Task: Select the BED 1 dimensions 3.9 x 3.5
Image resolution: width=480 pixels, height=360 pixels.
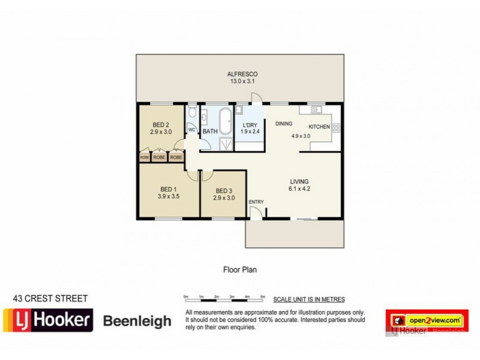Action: pyautogui.click(x=169, y=196)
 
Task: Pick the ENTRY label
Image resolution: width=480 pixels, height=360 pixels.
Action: pyautogui.click(x=256, y=202)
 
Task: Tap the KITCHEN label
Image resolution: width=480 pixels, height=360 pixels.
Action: pyautogui.click(x=320, y=127)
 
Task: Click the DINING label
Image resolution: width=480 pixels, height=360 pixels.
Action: pyautogui.click(x=284, y=124)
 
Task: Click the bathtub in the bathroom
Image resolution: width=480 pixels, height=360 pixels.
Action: pyautogui.click(x=225, y=122)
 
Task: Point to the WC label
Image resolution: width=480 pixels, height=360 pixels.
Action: pyautogui.click(x=193, y=130)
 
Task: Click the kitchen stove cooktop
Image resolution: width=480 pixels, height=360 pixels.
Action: pyautogui.click(x=336, y=127)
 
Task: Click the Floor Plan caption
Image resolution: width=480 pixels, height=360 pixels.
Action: pyautogui.click(x=240, y=271)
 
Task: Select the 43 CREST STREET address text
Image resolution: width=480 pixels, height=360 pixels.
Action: pyautogui.click(x=50, y=298)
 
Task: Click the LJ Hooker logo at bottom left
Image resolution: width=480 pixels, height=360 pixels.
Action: pyautogui.click(x=49, y=320)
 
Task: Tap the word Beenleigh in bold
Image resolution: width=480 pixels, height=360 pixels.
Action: pyautogui.click(x=138, y=321)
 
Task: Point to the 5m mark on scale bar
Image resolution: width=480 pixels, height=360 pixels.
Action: pyautogui.click(x=263, y=296)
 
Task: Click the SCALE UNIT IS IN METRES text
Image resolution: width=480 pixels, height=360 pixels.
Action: pyautogui.click(x=308, y=299)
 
